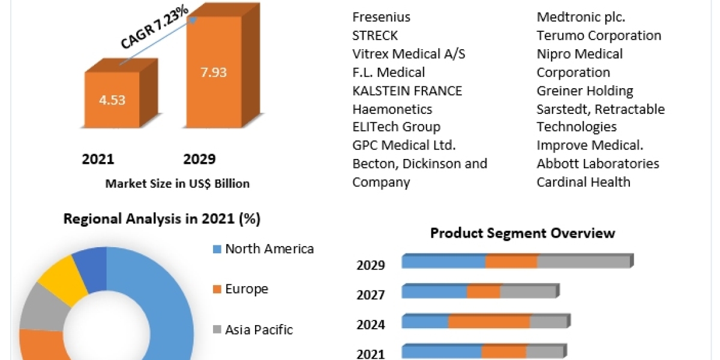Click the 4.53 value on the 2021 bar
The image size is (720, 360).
[x=112, y=100]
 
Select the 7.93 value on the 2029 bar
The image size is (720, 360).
[x=214, y=73]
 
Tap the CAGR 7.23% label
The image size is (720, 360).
[x=155, y=27]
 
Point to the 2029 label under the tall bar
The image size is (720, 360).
[x=199, y=159]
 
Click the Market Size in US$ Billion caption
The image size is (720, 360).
[x=177, y=184]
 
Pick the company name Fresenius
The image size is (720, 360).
[x=381, y=17]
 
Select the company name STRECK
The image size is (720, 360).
[x=375, y=35]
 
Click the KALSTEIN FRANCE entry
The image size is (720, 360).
[x=407, y=91]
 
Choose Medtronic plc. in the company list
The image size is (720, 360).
[x=581, y=17]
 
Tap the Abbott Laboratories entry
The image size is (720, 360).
[x=598, y=163]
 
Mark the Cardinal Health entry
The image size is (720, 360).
[x=583, y=182]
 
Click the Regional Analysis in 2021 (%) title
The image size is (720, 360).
[x=162, y=219]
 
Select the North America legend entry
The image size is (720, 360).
[x=269, y=248]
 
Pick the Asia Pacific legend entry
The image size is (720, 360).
[x=259, y=329]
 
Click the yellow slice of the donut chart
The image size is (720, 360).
[x=56, y=279]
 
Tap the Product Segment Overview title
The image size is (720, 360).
[x=523, y=233]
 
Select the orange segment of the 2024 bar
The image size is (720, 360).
[x=489, y=322]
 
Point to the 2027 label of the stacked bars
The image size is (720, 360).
[x=370, y=295]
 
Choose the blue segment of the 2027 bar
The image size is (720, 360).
[x=434, y=292]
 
